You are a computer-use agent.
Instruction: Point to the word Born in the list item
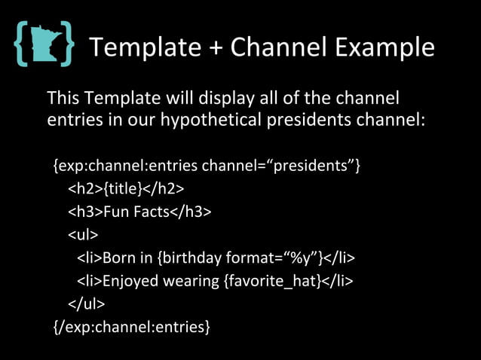tap(118, 258)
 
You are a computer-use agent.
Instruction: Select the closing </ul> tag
tap(86, 304)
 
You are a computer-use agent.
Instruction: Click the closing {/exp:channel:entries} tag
tap(131, 328)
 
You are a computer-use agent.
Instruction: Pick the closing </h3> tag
tap(190, 211)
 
